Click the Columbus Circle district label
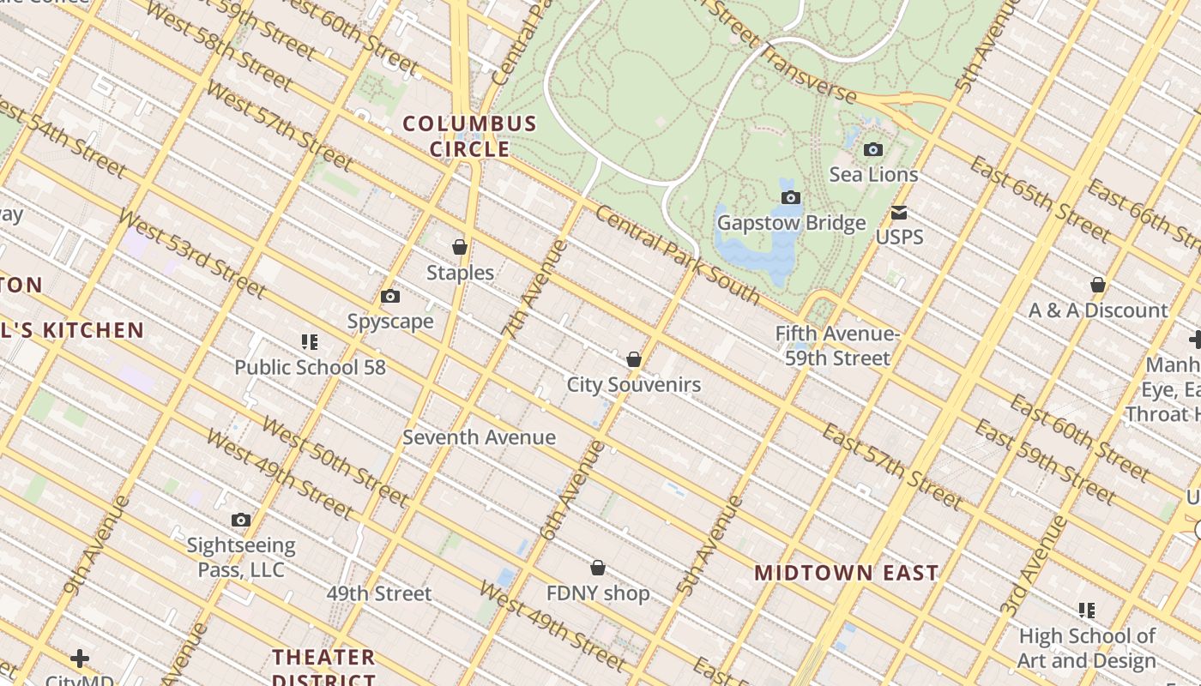(470, 136)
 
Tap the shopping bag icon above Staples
(460, 247)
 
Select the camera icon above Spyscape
(390, 296)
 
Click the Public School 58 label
(310, 368)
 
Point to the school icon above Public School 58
(310, 342)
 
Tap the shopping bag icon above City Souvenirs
(634, 359)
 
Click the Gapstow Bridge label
(791, 223)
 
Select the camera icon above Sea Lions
(873, 149)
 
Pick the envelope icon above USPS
(899, 212)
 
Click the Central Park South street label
(677, 256)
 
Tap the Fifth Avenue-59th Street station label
(837, 346)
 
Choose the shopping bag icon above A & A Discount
(1098, 285)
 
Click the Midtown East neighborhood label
(846, 573)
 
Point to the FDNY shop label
(598, 593)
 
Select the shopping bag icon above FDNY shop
(598, 568)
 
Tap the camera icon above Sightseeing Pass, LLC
(241, 520)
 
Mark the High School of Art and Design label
(1087, 648)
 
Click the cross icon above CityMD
(80, 659)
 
